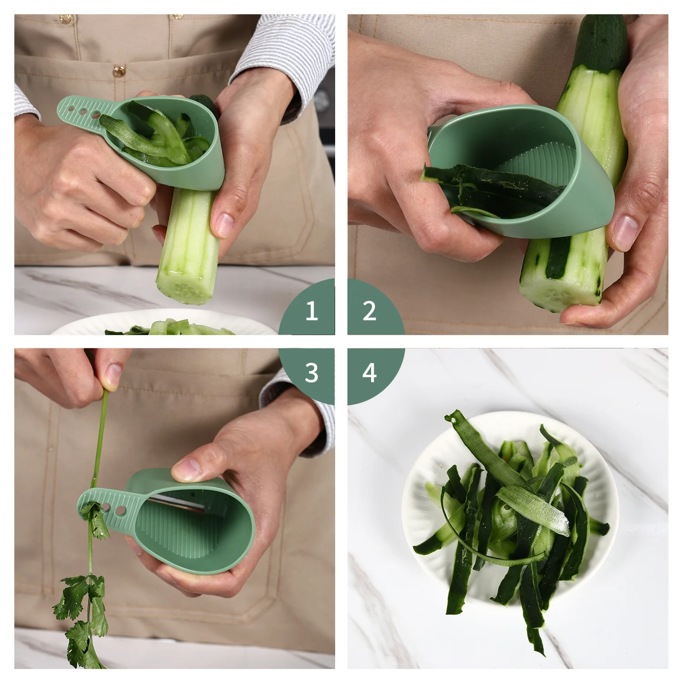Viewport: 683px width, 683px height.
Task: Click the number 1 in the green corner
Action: click(x=311, y=311)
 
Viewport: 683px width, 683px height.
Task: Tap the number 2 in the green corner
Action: click(x=369, y=311)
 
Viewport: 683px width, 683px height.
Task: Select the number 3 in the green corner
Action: click(x=311, y=372)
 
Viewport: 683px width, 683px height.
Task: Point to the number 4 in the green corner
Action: click(x=369, y=372)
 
